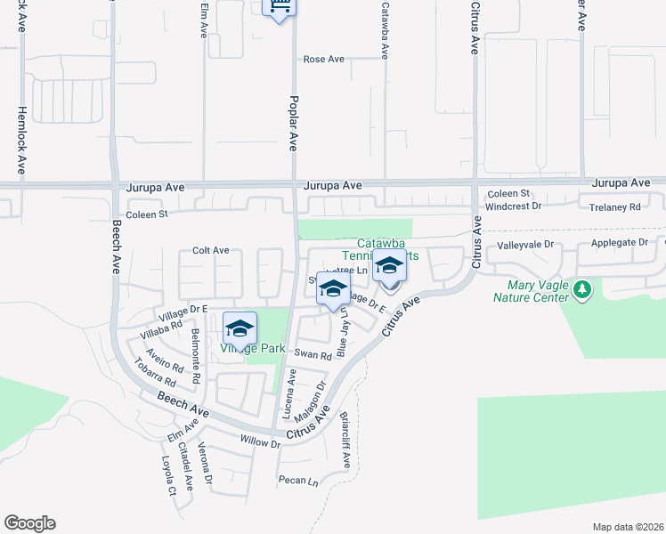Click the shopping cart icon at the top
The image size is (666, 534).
click(280, 7)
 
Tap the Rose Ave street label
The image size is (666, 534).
click(324, 59)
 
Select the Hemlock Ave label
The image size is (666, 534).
click(21, 141)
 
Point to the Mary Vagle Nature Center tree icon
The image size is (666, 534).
click(582, 289)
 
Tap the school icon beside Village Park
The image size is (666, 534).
click(240, 328)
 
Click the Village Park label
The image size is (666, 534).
click(253, 348)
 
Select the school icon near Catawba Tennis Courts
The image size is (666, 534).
click(389, 266)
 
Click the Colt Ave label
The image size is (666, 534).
click(211, 251)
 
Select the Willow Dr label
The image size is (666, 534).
click(260, 441)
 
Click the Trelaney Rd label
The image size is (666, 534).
click(616, 206)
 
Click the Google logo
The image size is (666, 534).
click(29, 523)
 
